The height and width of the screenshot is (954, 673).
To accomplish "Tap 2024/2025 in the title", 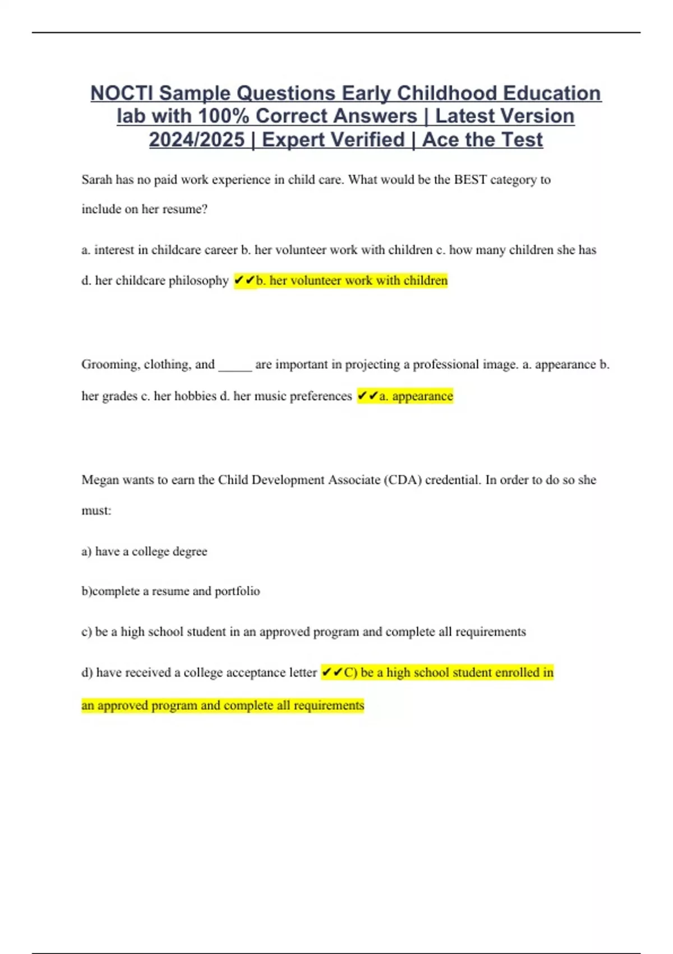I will pyautogui.click(x=197, y=140).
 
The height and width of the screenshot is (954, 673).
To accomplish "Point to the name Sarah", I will pyautogui.click(x=96, y=180).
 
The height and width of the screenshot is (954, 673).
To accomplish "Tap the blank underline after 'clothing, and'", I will pyautogui.click(x=235, y=366).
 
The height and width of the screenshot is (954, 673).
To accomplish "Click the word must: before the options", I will pyautogui.click(x=96, y=511).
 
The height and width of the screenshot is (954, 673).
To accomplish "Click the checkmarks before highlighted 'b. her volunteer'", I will pyautogui.click(x=244, y=280).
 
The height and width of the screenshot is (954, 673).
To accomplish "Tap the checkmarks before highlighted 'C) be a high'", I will pyautogui.click(x=332, y=672).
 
